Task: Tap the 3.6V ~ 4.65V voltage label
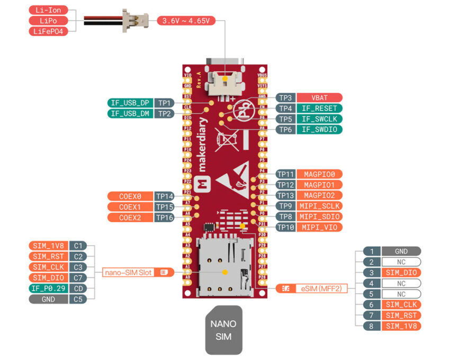tap(186, 21)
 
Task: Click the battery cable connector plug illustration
tap(135, 20)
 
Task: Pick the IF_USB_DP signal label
tap(130, 103)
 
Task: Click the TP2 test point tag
tap(165, 113)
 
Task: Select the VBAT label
tap(319, 97)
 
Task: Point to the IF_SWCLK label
tap(319, 119)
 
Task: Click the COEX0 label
tap(130, 196)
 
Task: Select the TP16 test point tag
tap(165, 218)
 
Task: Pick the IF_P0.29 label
tap(48, 289)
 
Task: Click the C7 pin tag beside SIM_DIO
tap(77, 278)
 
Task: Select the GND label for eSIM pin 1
tap(401, 251)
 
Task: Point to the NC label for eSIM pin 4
tap(401, 283)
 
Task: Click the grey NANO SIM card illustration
tap(223, 329)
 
